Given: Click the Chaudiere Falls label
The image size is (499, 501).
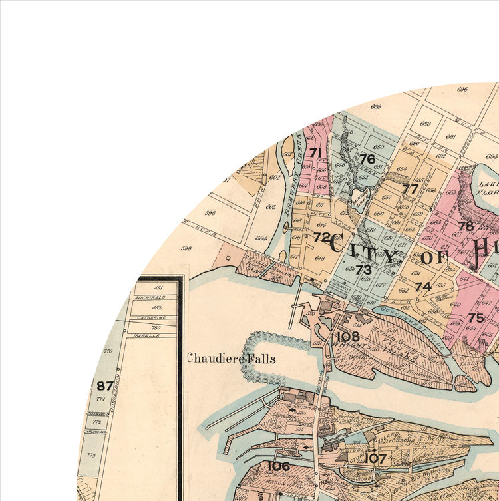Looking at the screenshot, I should pyautogui.click(x=231, y=359).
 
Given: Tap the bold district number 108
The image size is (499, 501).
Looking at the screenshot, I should pyautogui.click(x=348, y=337).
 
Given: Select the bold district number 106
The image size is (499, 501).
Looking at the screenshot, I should pyautogui.click(x=278, y=466).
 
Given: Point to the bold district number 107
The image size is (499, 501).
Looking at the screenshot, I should pyautogui.click(x=376, y=458).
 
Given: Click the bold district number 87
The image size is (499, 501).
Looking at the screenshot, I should pyautogui.click(x=104, y=385).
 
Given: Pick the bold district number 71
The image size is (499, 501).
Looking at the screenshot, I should pyautogui.click(x=315, y=153).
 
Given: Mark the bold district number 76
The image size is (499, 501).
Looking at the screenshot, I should pyautogui.click(x=367, y=159).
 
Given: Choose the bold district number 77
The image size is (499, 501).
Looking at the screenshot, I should pyautogui.click(x=410, y=189).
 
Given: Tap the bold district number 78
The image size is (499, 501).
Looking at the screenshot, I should pyautogui.click(x=466, y=226).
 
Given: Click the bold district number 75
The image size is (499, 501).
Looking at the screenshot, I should pyautogui.click(x=476, y=317).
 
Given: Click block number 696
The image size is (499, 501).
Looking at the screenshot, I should pyautogui.click(x=462, y=89).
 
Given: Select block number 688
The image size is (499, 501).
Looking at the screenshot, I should pyautogui.click(x=376, y=106).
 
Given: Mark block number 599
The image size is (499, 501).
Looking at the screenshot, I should pyautogui.click(x=186, y=249).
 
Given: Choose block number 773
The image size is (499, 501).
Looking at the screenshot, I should pyautogui.click(x=91, y=455).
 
